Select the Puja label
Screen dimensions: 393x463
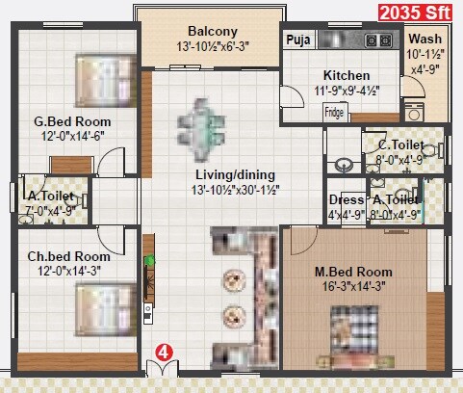pyautogui.click(x=296, y=40)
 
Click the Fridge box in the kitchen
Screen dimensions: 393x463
pyautogui.click(x=334, y=111)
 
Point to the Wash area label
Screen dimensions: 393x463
pyautogui.click(x=424, y=39)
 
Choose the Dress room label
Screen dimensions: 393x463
pyautogui.click(x=346, y=200)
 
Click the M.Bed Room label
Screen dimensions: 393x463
pyautogui.click(x=353, y=271)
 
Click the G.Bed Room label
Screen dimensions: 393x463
pyautogui.click(x=72, y=122)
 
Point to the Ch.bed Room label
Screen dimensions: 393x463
pyautogui.click(x=67, y=257)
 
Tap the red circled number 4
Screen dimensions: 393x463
pyautogui.click(x=164, y=353)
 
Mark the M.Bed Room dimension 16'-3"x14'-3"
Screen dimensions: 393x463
pyautogui.click(x=354, y=286)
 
